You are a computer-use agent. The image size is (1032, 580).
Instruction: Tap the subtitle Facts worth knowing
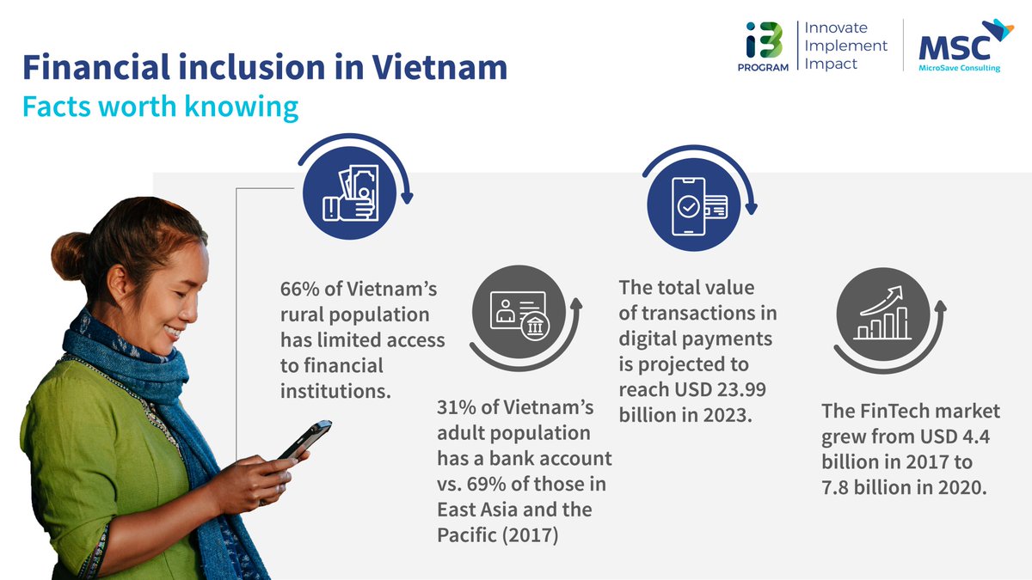click(x=160, y=107)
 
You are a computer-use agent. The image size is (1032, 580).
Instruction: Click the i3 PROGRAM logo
click(x=763, y=47)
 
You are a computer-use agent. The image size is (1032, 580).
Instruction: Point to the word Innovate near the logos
click(x=835, y=27)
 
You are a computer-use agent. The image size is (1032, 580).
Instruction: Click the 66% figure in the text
click(x=300, y=289)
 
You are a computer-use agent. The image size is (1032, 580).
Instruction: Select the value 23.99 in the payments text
click(x=740, y=390)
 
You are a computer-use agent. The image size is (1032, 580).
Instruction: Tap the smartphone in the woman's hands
click(x=306, y=438)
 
